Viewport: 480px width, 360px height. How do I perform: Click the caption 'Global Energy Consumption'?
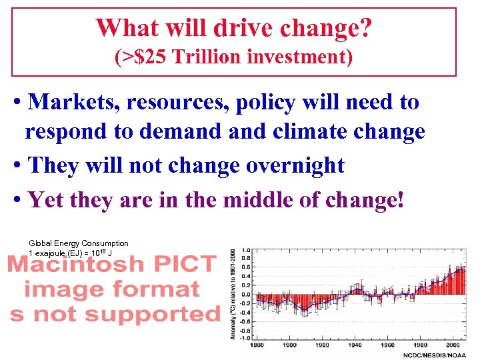click(x=79, y=243)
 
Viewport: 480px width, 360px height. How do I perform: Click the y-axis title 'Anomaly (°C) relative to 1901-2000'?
click(x=233, y=293)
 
